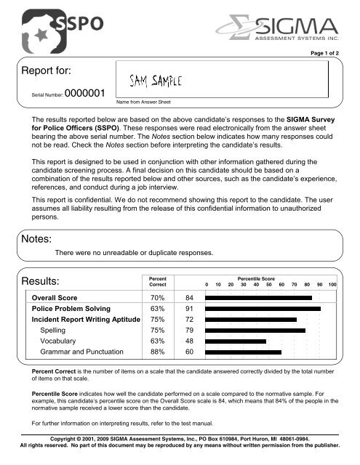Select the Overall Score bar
point(258,298)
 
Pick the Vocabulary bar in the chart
point(236,341)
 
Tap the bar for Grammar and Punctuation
point(243,352)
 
